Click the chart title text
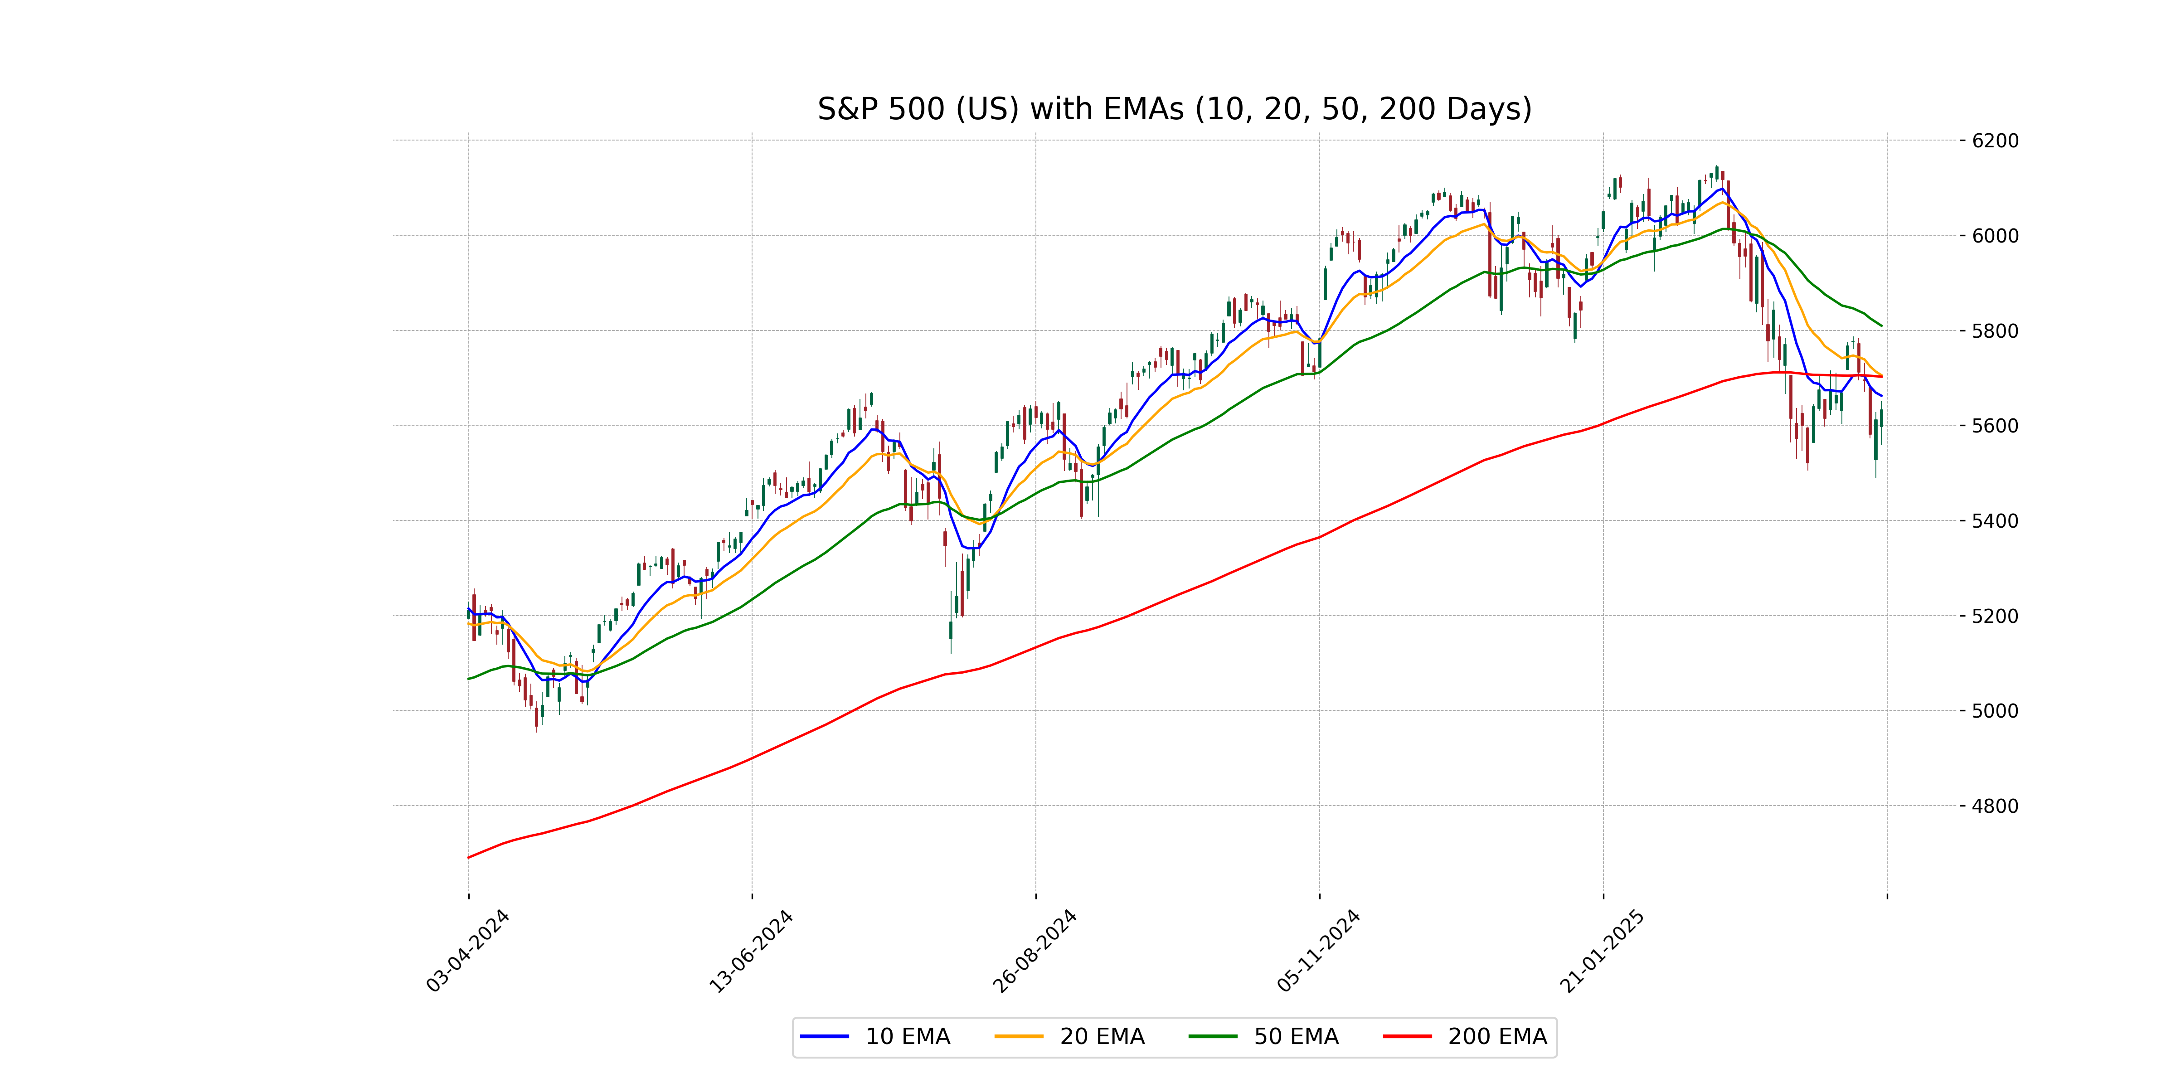point(1174,109)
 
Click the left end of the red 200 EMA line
point(469,857)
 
